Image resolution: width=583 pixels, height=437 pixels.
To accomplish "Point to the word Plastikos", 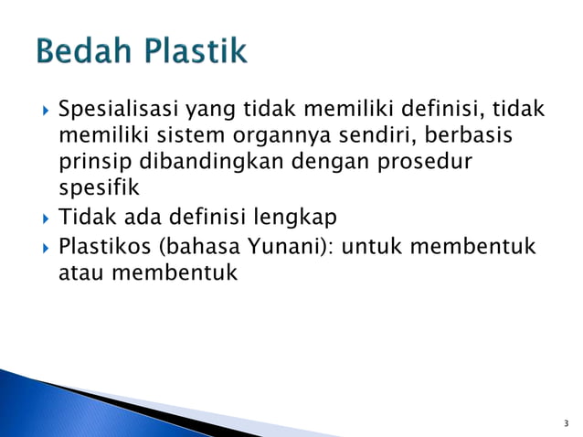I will point(102,246).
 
